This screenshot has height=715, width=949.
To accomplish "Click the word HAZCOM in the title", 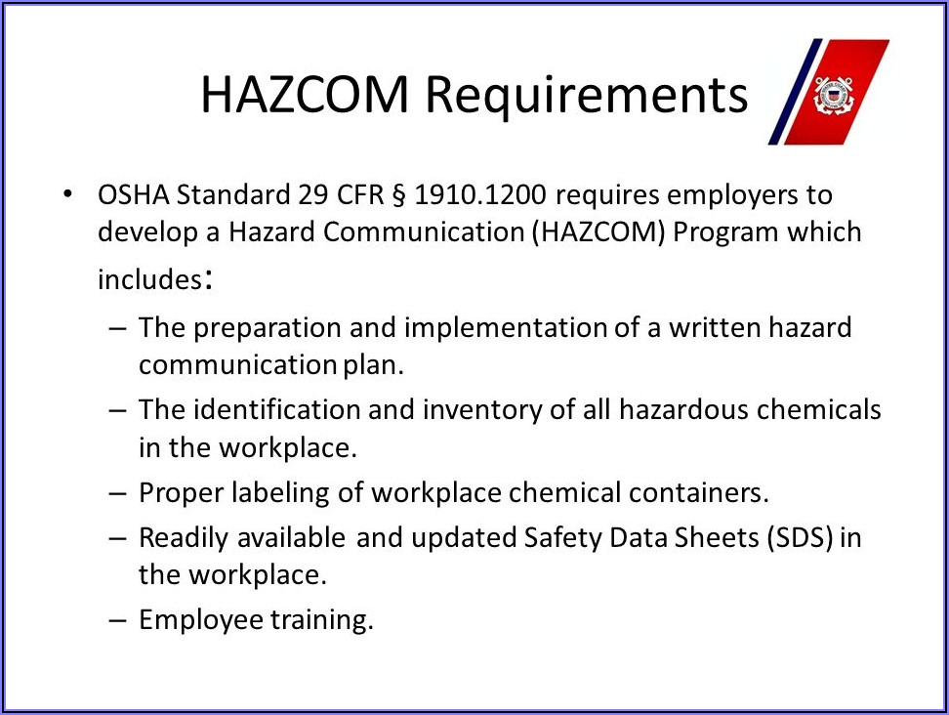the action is pyautogui.click(x=305, y=95).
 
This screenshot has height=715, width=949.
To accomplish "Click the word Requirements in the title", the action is pyautogui.click(x=587, y=97).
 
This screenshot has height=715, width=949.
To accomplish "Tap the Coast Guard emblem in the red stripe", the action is pyautogui.click(x=834, y=95).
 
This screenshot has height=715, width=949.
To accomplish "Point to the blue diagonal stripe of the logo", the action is pyautogui.click(x=796, y=92).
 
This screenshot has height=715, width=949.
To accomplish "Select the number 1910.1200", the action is pyautogui.click(x=480, y=195).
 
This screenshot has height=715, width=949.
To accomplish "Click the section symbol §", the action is pyautogui.click(x=399, y=196).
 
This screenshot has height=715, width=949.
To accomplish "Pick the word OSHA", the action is pyautogui.click(x=133, y=195).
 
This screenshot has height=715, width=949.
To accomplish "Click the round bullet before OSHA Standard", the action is pyautogui.click(x=67, y=194).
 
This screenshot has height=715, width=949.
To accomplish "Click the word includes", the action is pyautogui.click(x=149, y=279).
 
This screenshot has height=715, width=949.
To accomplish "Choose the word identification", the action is pyautogui.click(x=277, y=410).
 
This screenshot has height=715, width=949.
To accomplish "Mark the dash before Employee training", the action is pyautogui.click(x=118, y=620).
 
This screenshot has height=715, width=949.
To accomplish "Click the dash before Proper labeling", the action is pyautogui.click(x=118, y=493).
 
